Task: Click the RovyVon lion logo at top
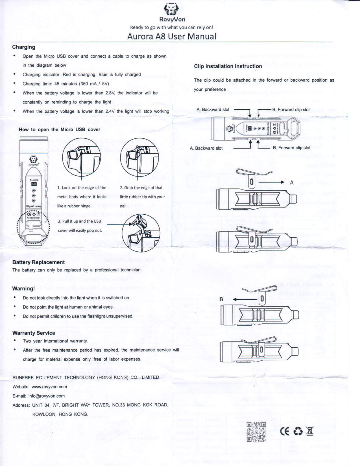pos(171,10)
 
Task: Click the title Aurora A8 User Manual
pos(172,36)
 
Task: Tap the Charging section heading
pos(24,47)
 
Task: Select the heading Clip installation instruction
pos(228,66)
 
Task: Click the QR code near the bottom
pos(256,432)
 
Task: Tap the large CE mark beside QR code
pos(285,432)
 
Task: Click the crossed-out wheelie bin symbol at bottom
pos(310,431)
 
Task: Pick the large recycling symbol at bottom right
pos(298,432)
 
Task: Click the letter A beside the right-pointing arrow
pos(292,183)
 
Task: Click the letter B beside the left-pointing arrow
pos(221,299)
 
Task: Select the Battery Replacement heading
pos(38,262)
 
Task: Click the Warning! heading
pos(23,289)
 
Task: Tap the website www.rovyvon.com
pos(49,387)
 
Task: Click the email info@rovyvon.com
pos(47,396)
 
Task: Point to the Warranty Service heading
pos(34,333)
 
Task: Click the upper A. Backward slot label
pos(213,110)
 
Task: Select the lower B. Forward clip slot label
pos(291,148)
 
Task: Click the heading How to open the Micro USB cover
pos(60,130)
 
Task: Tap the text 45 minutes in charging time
pos(65,84)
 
